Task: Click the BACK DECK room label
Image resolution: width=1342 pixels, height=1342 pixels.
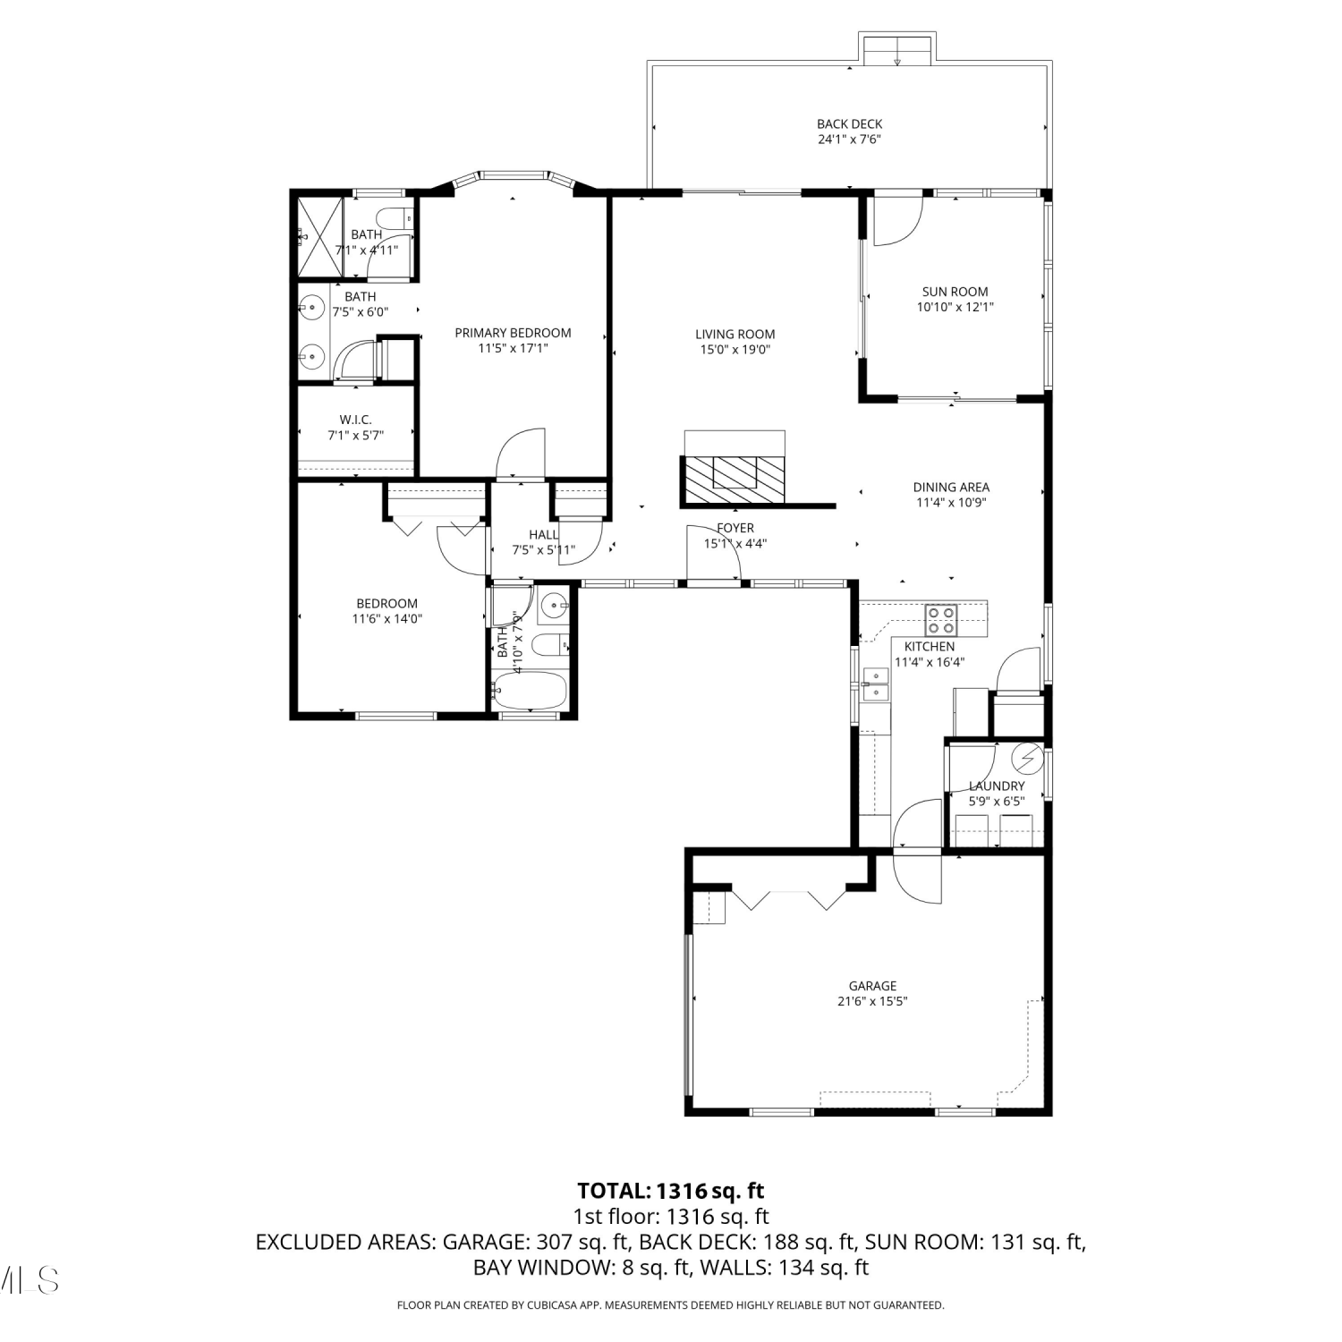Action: pyautogui.click(x=849, y=124)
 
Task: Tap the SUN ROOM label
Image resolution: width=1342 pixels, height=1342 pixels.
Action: pyautogui.click(x=955, y=292)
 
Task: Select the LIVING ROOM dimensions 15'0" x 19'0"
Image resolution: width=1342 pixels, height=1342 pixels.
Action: pyautogui.click(x=735, y=350)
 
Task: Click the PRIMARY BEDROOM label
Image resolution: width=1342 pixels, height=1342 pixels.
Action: pyautogui.click(x=513, y=333)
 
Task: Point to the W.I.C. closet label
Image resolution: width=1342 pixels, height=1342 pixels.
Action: pyautogui.click(x=355, y=420)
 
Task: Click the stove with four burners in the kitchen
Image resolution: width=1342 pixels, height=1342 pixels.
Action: pyautogui.click(x=941, y=615)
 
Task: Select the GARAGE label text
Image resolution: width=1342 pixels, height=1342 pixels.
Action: pyautogui.click(x=872, y=986)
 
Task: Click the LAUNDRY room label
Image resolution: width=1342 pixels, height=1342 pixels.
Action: pyautogui.click(x=997, y=786)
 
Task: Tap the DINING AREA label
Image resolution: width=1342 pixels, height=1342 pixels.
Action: pyautogui.click(x=951, y=488)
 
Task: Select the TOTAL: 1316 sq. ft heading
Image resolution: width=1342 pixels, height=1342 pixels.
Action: pyautogui.click(x=671, y=1191)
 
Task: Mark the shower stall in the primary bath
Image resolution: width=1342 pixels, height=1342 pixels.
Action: pyautogui.click(x=320, y=238)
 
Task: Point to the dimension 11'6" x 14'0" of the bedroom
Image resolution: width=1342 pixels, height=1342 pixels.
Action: pyautogui.click(x=386, y=618)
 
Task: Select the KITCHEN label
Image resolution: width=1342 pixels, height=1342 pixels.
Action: pyautogui.click(x=930, y=647)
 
